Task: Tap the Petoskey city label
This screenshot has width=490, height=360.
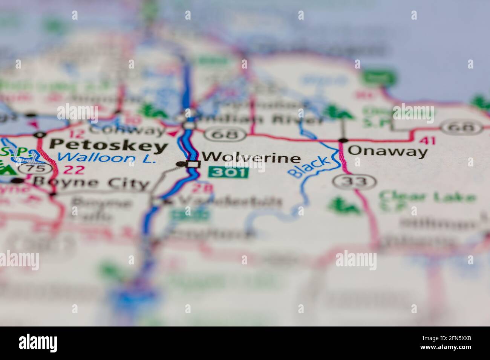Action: (x=109, y=145)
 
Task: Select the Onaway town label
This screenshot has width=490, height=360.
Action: (x=388, y=151)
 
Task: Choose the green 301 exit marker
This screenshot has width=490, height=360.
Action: (x=229, y=172)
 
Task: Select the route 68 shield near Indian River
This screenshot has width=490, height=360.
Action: (x=230, y=134)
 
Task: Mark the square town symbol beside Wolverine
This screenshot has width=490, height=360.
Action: (x=193, y=164)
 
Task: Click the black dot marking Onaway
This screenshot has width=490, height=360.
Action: (x=343, y=141)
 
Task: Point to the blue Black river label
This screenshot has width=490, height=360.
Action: (x=310, y=167)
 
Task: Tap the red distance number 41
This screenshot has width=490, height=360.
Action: (x=427, y=141)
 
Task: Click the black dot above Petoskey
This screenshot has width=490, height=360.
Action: (x=40, y=134)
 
